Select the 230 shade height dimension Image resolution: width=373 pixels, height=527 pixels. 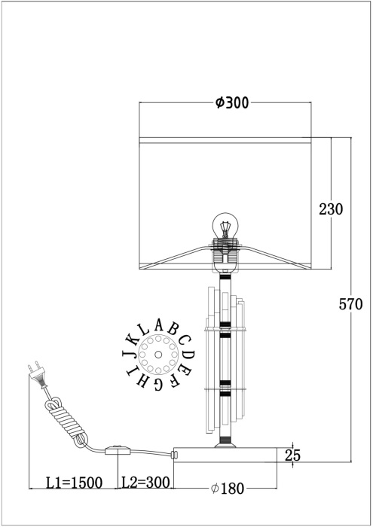point(331,209)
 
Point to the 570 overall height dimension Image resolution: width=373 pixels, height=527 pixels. point(351,304)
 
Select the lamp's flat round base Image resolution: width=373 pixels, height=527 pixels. point(234,453)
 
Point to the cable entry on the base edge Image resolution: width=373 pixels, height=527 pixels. point(175,454)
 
